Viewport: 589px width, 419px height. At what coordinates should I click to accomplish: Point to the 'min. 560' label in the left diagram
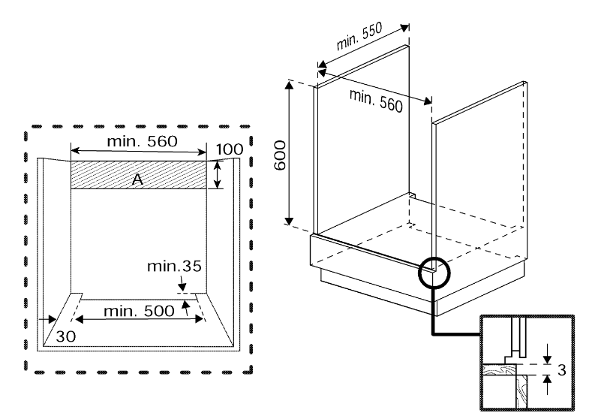tap(140, 141)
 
